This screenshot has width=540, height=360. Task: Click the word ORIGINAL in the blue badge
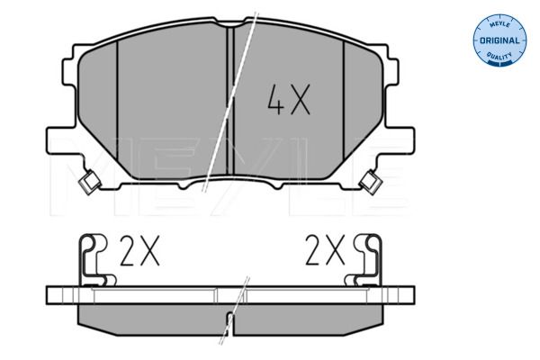point(498,41)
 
